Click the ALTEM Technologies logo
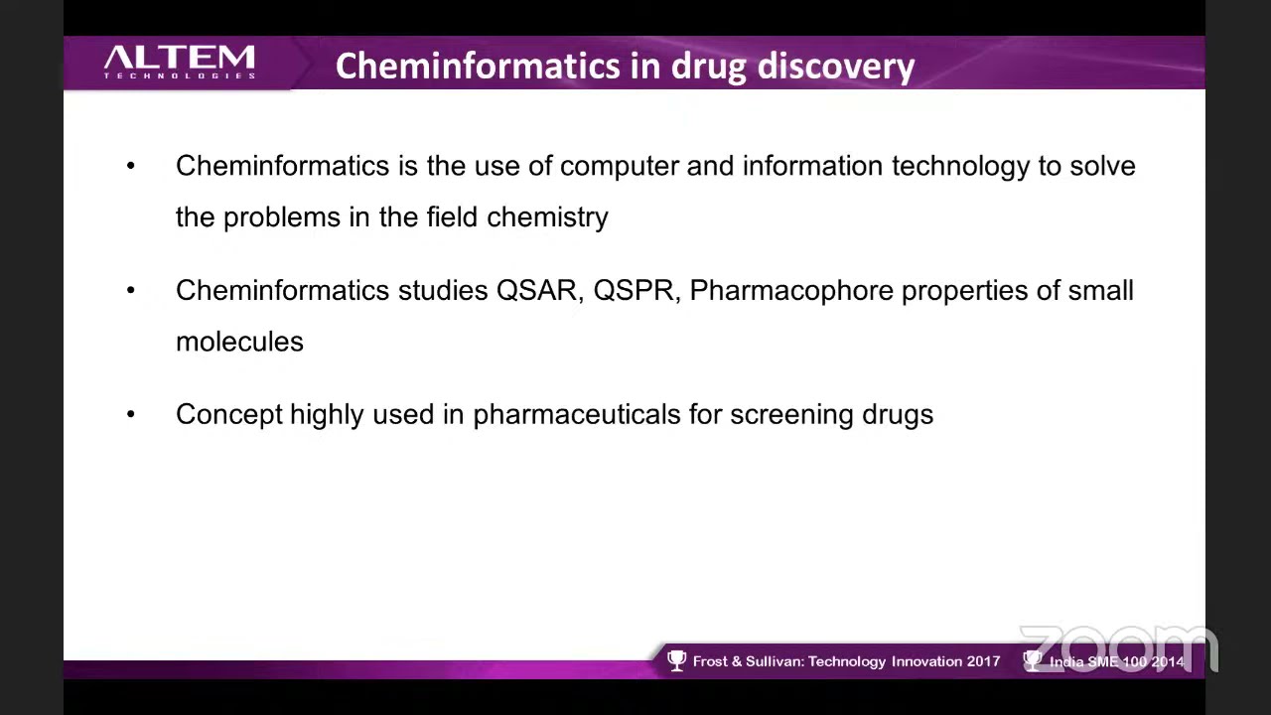pos(180,62)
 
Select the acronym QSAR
pos(536,290)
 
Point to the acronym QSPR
pos(634,290)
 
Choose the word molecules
pos(239,341)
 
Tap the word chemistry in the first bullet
pos(547,216)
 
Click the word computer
pos(620,166)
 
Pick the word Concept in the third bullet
pos(229,414)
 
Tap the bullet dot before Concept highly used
pos(131,414)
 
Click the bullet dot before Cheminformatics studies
pos(131,290)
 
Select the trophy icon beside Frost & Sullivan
pos(677,660)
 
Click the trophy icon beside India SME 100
pos(1033,660)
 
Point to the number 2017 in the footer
pos(983,661)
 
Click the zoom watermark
pos(1118,647)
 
